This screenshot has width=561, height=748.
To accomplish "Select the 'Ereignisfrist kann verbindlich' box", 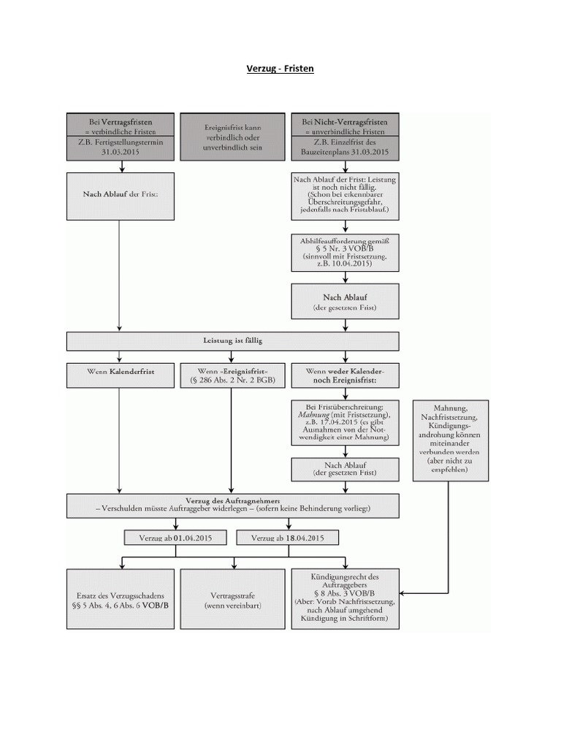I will click(232, 137).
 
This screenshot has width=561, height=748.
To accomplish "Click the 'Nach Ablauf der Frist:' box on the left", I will click(121, 196).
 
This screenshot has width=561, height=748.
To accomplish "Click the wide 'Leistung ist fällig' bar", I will click(232, 340).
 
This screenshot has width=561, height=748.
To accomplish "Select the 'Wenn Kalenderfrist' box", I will click(121, 375).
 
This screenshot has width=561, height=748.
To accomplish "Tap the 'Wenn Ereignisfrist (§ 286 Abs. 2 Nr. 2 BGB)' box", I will click(232, 375).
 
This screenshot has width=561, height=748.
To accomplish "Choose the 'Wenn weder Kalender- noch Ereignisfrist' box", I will click(345, 375).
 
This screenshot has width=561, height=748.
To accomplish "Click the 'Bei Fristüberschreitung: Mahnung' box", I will click(345, 421).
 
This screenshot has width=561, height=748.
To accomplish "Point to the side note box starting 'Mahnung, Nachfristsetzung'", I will click(451, 440).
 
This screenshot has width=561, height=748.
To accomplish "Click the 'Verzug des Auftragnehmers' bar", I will click(232, 504).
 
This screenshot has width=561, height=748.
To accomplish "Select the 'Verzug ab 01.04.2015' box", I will click(175, 538).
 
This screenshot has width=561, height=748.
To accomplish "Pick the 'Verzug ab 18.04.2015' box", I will click(287, 538).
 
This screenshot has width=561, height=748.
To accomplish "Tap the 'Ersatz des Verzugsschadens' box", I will click(121, 599).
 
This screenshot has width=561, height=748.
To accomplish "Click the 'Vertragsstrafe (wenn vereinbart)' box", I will click(232, 599).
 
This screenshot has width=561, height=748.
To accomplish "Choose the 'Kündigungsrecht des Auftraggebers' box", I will click(345, 599).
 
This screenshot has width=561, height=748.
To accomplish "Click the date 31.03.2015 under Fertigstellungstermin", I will click(121, 153).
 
